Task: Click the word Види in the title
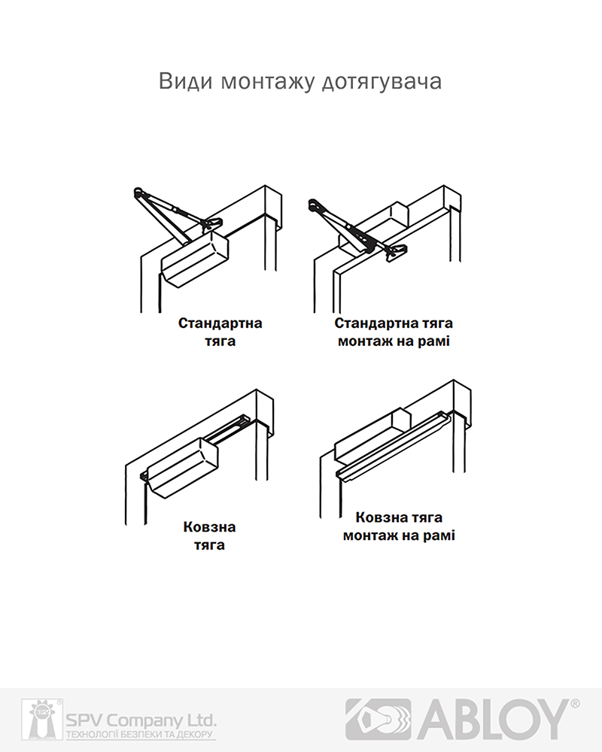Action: [x=185, y=81]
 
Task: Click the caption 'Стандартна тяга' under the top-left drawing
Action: [x=220, y=332]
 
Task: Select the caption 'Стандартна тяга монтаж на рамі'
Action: [x=394, y=332]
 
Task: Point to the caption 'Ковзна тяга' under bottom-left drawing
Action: [x=209, y=536]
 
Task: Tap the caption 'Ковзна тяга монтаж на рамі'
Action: [x=399, y=526]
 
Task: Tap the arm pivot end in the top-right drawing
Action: [x=315, y=205]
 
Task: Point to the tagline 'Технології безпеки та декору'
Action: [x=140, y=735]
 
